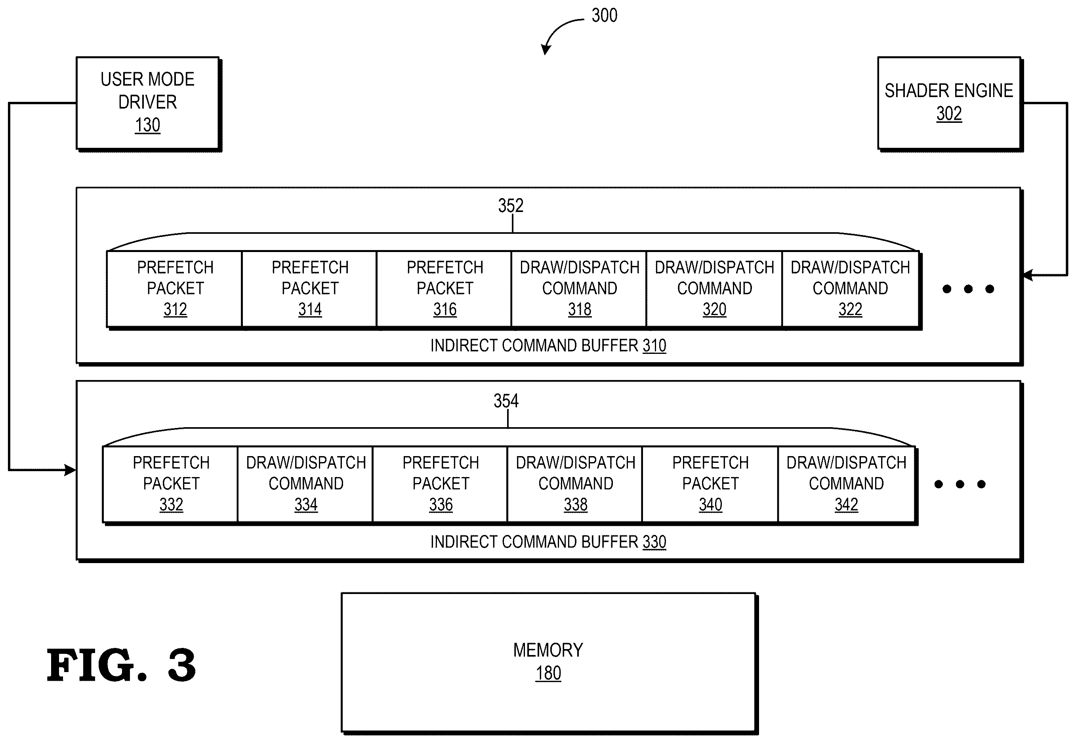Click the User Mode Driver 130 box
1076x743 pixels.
(x=148, y=103)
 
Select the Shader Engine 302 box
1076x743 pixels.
(x=949, y=103)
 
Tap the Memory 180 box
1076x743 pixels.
(x=549, y=663)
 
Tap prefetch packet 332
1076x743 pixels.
(x=171, y=484)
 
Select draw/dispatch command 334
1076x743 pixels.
(x=306, y=484)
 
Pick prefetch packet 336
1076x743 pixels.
(x=440, y=484)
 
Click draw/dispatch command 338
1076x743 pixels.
(x=575, y=484)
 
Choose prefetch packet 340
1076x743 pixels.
(x=710, y=484)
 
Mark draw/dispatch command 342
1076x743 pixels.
(x=847, y=484)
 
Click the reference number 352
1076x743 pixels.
(x=511, y=205)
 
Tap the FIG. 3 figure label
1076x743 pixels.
(x=121, y=665)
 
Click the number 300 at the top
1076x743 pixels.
(x=605, y=15)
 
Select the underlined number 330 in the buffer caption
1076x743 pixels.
(x=654, y=542)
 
